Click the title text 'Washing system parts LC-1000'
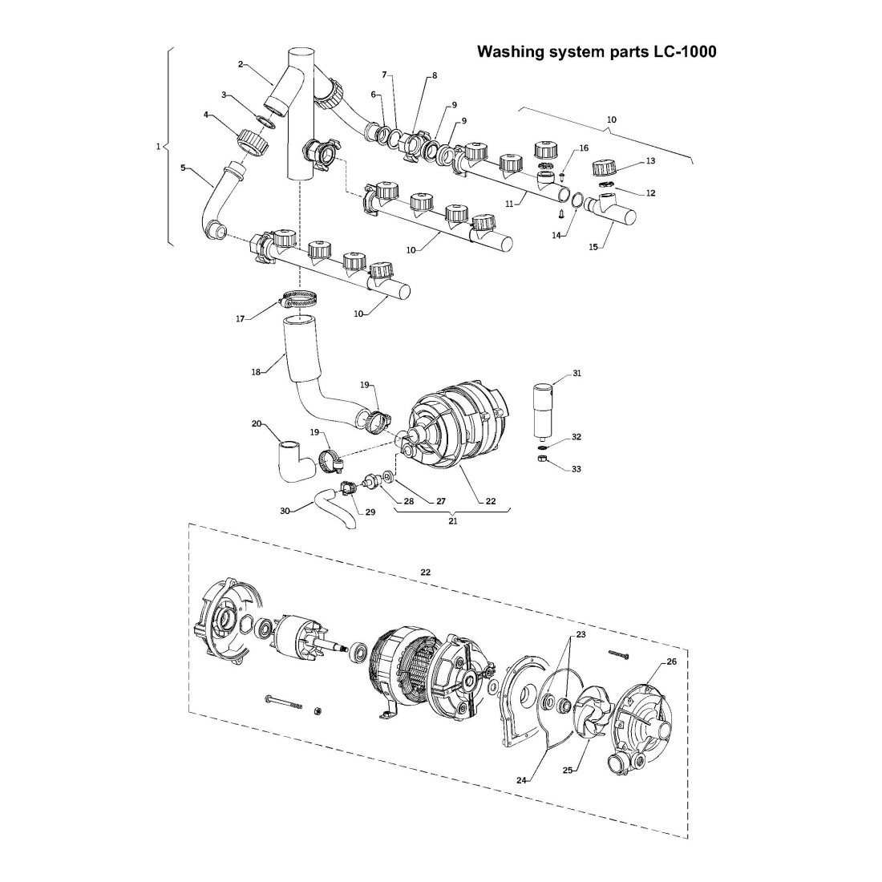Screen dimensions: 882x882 click(597, 52)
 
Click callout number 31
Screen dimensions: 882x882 click(577, 374)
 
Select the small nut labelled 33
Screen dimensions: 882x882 click(542, 459)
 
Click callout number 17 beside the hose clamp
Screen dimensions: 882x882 click(240, 318)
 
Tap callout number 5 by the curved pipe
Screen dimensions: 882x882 click(183, 168)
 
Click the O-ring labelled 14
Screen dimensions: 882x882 click(577, 200)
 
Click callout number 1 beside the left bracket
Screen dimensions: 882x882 click(158, 147)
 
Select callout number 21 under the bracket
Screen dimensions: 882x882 click(452, 520)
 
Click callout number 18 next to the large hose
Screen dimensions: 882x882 click(256, 371)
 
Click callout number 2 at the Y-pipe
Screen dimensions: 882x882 click(241, 63)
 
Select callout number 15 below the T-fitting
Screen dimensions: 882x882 click(593, 247)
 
